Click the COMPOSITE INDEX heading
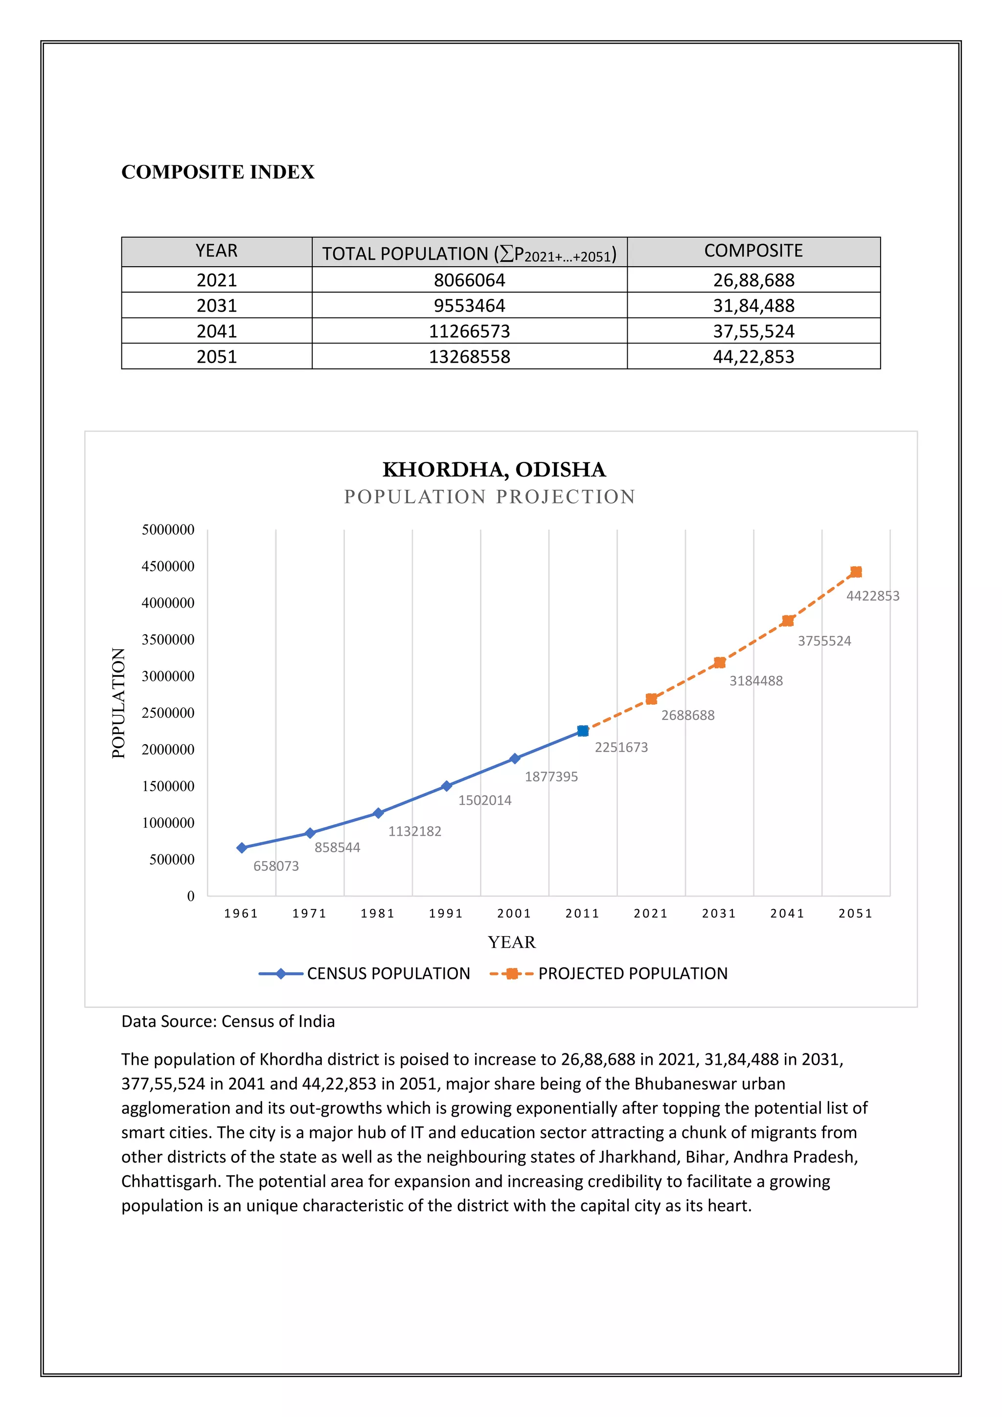pyautogui.click(x=218, y=172)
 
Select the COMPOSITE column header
pyautogui.click(x=753, y=251)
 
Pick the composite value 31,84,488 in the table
pyautogui.click(x=753, y=305)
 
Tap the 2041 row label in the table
pyautogui.click(x=217, y=331)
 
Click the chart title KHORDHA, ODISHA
pyautogui.click(x=494, y=469)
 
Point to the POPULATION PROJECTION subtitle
pyautogui.click(x=489, y=497)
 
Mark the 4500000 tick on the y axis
pyautogui.click(x=168, y=566)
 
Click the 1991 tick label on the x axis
pyautogui.click(x=446, y=914)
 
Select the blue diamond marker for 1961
pyautogui.click(x=242, y=848)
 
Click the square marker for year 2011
pyautogui.click(x=582, y=731)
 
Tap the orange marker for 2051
pyautogui.click(x=856, y=572)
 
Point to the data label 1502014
pyautogui.click(x=484, y=800)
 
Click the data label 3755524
pyautogui.click(x=824, y=641)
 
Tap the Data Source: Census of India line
pyautogui.click(x=228, y=1021)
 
